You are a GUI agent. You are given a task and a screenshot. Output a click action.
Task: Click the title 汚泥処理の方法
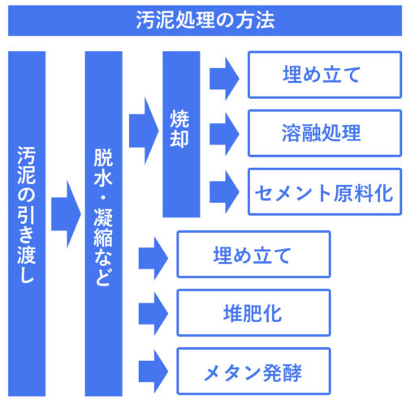tap(205, 20)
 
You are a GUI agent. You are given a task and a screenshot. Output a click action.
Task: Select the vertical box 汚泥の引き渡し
tap(27, 223)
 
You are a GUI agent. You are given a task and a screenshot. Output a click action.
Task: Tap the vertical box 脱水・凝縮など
tap(104, 223)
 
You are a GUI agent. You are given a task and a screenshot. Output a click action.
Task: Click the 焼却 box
tap(181, 134)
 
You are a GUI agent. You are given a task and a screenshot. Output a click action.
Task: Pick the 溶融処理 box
tap(325, 133)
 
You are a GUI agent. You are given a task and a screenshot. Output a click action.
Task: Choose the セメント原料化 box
tap(325, 191)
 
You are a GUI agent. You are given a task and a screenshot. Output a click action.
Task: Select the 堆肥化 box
tap(253, 313)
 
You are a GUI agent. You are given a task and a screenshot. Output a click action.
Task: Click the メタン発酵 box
tap(253, 371)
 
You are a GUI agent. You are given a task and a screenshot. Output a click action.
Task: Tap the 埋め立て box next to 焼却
tap(325, 75)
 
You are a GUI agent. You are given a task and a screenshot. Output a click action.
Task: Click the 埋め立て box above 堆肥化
tap(253, 254)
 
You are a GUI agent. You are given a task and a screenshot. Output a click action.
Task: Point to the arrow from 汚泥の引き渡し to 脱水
tap(66, 214)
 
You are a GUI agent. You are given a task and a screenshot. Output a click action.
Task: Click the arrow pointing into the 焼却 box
tap(144, 131)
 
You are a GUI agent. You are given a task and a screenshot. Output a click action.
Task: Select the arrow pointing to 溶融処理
tap(224, 134)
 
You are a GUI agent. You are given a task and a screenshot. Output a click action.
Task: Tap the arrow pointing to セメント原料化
tap(224, 192)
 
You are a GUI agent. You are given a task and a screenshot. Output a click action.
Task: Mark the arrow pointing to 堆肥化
tap(153, 314)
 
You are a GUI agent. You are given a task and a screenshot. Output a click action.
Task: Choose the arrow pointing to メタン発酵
tap(153, 372)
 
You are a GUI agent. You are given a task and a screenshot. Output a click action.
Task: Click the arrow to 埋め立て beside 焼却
tap(224, 79)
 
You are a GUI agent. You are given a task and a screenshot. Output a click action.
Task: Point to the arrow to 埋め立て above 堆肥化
tap(153, 258)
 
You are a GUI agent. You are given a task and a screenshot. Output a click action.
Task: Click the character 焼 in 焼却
tap(179, 118)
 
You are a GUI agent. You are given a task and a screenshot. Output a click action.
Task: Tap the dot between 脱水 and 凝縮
tap(103, 198)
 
